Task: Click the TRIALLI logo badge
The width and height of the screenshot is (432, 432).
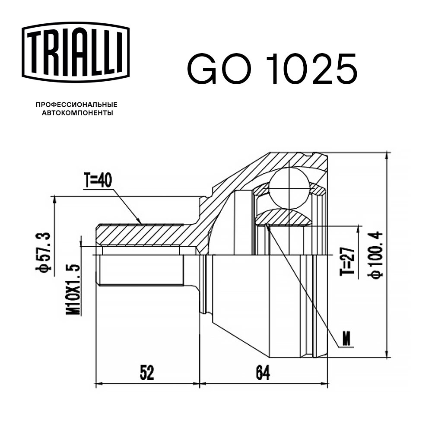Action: coord(76,52)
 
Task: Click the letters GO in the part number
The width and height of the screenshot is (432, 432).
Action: coord(219,69)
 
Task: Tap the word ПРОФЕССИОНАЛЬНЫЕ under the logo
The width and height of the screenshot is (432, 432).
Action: coord(76,105)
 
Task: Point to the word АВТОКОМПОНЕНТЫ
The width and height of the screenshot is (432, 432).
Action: coord(77,113)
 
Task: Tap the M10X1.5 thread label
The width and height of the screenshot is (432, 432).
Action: coord(73,289)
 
